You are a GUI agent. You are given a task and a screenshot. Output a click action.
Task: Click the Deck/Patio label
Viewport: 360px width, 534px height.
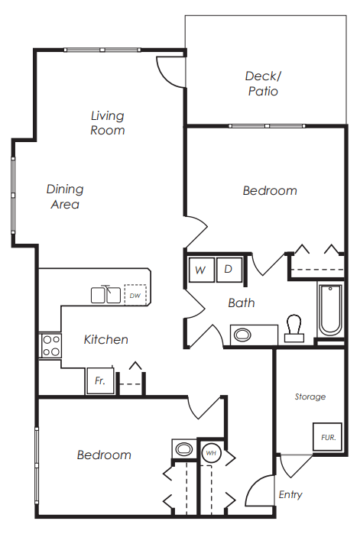262,83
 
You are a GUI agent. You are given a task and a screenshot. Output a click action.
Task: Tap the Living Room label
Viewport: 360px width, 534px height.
108,123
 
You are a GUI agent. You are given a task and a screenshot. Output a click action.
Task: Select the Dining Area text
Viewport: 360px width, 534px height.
65,196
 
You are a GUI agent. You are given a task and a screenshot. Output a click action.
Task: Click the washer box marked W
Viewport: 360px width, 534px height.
201,270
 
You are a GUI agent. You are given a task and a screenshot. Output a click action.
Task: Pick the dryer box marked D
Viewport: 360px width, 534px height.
229,270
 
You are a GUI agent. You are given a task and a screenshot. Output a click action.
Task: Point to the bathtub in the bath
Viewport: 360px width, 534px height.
330,309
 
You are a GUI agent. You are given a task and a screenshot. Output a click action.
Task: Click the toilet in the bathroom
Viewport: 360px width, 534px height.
294,327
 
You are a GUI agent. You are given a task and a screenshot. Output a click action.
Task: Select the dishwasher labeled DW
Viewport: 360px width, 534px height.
135,295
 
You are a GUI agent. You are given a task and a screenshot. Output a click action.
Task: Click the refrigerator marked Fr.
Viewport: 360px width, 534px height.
99,380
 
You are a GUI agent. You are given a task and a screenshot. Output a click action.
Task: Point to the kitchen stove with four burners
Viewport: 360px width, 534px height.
50,345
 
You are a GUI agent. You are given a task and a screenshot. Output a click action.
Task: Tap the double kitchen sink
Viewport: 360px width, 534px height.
106,294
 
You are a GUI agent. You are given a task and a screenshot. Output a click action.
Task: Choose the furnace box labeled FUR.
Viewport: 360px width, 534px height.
327,437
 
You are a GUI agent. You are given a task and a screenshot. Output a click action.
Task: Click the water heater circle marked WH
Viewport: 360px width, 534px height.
211,452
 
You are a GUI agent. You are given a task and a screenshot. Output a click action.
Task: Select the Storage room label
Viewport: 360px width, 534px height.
310,396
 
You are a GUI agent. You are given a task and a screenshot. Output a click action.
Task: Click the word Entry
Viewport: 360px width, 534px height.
290,494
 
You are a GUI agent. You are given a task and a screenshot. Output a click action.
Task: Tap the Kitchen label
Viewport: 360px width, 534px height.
106,339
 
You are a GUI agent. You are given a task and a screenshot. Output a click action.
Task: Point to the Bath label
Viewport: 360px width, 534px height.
242,303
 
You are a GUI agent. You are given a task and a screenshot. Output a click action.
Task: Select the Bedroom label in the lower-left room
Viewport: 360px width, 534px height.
104,455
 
